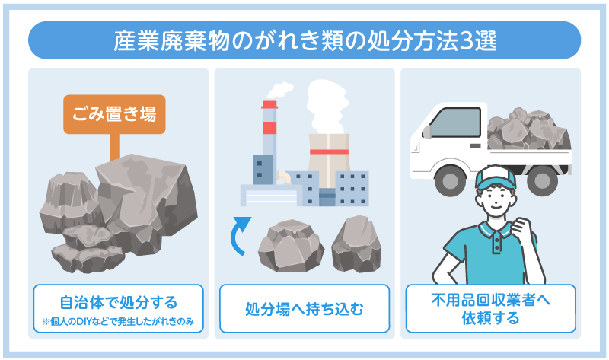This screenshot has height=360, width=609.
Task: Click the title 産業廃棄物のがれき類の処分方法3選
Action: coord(304,40)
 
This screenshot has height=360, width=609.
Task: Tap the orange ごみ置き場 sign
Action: coord(114,115)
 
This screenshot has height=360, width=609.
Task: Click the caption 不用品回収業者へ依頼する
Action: coord(489,309)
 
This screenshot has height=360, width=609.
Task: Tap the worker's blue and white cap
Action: coord(495,178)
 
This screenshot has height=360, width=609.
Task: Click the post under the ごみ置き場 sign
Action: coord(114,147)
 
